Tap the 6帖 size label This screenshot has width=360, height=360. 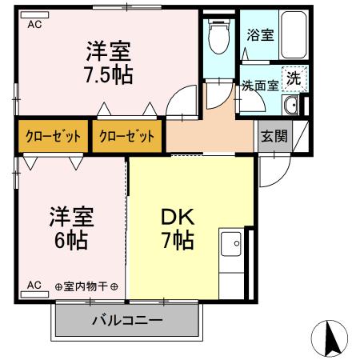point(72,238)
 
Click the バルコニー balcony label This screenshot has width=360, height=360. point(126,322)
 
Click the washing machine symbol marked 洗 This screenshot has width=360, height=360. point(294,78)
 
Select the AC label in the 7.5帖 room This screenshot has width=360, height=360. point(34,25)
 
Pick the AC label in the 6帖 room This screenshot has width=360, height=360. point(34,285)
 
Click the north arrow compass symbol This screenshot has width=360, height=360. point(330,338)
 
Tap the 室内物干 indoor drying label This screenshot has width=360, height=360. point(86,286)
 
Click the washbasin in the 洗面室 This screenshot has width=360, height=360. point(291,107)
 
